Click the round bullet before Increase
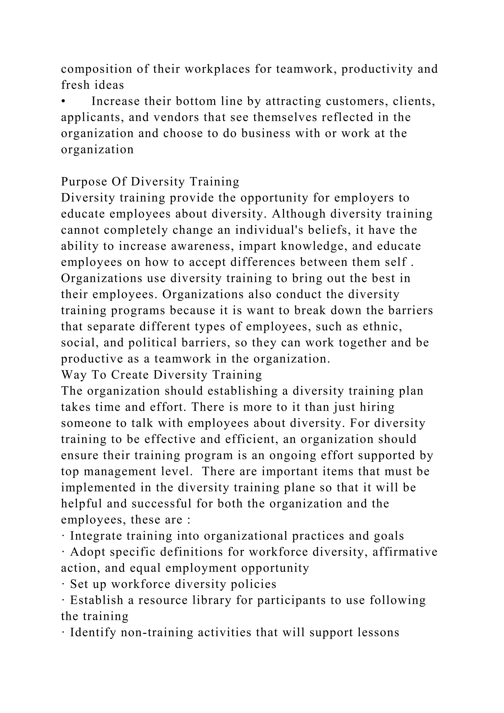[x=63, y=101]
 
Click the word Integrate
[x=96, y=536]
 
